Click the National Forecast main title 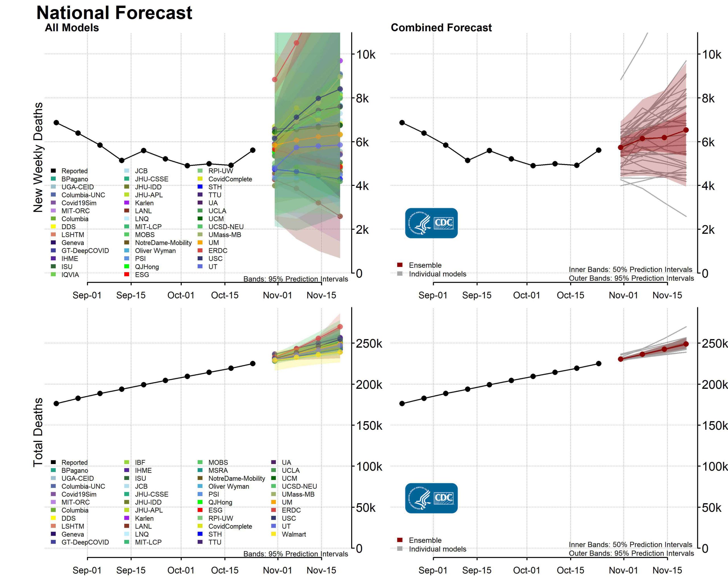point(114,13)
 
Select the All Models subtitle point(72,28)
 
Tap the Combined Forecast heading point(441,28)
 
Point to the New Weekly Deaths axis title point(38,157)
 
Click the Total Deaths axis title point(38,432)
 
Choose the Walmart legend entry point(293,534)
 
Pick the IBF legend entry point(140,462)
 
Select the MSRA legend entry point(218,470)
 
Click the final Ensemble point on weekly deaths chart point(686,130)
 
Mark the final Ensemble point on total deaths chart point(686,344)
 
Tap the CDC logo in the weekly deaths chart point(431,223)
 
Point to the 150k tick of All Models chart point(369,425)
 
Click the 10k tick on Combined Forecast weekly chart point(712,54)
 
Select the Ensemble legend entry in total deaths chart point(425,540)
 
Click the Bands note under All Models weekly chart point(295,279)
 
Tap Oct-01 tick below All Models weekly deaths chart point(181,295)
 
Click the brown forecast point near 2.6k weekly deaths point(340,216)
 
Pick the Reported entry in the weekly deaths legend point(74,171)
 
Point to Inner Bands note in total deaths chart point(630,544)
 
